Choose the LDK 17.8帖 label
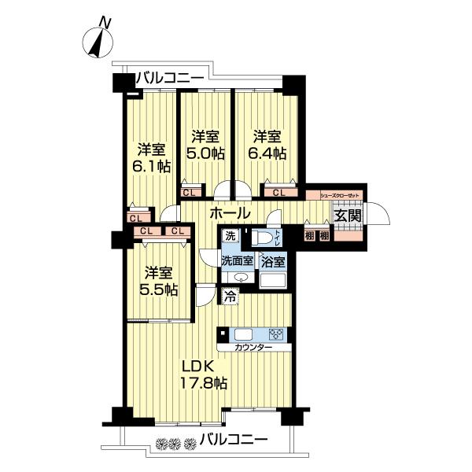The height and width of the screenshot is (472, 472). point(206,375)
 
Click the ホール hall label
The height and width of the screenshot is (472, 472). point(230,213)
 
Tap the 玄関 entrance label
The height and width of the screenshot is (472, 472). point(346,215)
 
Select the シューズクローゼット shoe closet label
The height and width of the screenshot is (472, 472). point(338,193)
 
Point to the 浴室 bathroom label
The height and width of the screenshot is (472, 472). point(274,260)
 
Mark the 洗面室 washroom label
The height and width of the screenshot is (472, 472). point(237,260)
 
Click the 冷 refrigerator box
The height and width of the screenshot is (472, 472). point(230,297)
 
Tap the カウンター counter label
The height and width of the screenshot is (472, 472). point(253,347)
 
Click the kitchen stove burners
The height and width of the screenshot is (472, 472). point(276,333)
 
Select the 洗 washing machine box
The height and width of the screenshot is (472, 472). point(230,236)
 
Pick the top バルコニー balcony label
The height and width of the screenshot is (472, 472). point(170,77)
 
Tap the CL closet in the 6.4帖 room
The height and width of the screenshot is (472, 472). point(279,192)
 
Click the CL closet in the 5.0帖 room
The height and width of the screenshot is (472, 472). point(189,192)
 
